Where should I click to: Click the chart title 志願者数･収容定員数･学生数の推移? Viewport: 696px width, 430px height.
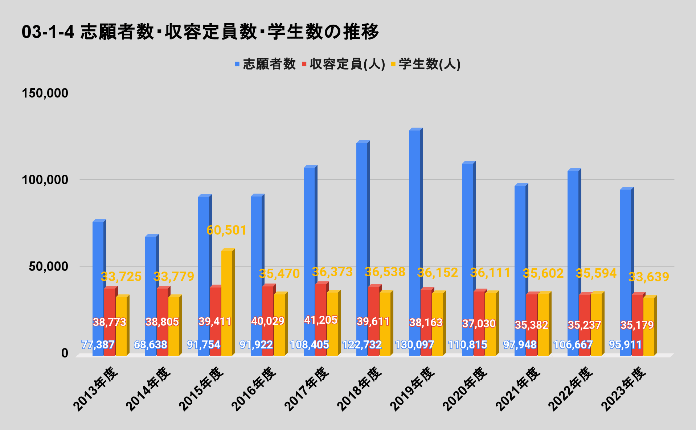[200, 32]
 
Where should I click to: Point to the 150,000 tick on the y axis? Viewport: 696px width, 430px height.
[45, 93]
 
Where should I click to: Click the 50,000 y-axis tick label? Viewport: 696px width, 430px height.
[49, 266]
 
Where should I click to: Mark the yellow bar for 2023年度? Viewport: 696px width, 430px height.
[649, 326]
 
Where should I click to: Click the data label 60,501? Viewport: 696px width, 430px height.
[226, 230]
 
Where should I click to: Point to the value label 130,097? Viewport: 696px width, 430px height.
[414, 344]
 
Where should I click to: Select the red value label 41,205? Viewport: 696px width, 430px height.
[321, 320]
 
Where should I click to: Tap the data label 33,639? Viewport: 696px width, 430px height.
[648, 277]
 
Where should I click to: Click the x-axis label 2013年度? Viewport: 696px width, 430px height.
[97, 389]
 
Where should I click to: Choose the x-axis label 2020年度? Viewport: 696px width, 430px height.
[466, 389]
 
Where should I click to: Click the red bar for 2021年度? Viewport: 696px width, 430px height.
[532, 308]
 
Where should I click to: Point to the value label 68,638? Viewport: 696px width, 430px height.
[151, 344]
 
